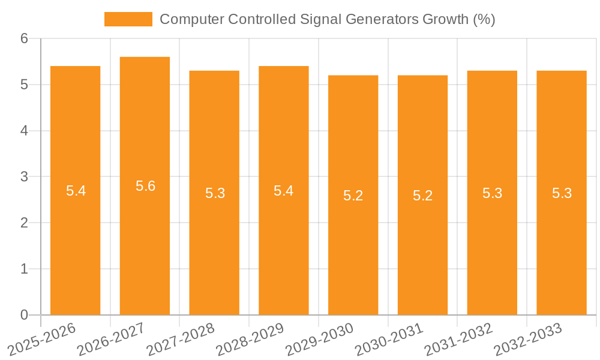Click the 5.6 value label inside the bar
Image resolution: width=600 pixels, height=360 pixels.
coord(145,186)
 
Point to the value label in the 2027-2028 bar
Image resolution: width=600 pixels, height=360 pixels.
coord(215,193)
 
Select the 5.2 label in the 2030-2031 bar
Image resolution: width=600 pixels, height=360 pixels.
coord(422,196)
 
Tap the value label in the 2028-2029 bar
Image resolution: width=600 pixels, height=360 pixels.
coord(283,191)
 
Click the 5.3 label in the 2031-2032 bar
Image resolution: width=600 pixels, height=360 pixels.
coord(492,193)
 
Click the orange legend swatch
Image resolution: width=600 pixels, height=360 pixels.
coord(128,19)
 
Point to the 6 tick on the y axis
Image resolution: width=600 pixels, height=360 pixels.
coord(24,38)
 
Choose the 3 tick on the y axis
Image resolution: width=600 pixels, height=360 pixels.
coord(24,177)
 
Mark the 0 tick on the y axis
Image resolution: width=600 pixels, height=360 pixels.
coord(24,315)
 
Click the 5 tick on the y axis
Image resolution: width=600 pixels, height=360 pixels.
coord(24,85)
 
